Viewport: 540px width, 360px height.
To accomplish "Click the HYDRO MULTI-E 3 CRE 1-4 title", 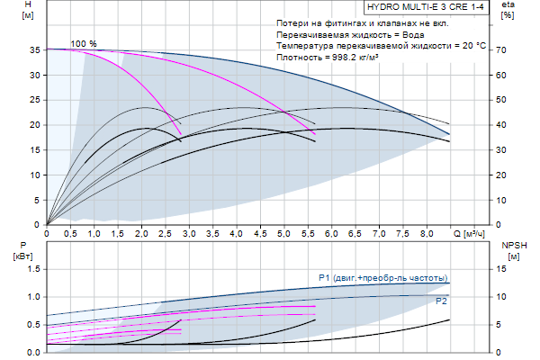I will click(x=424, y=6).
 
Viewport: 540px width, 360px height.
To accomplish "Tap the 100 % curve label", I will click(x=84, y=43).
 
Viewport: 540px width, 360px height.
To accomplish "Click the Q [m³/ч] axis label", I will click(x=473, y=233).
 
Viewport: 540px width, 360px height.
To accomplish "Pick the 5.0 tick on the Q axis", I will click(x=284, y=233).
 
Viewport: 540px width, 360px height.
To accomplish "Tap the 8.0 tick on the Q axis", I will click(x=427, y=233).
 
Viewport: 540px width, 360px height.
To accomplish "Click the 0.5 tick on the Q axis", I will click(x=70, y=233).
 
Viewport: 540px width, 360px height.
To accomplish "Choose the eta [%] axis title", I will click(x=508, y=11).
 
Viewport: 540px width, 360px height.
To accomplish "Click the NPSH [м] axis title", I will click(x=513, y=250).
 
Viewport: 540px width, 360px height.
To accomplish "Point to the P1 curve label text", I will click(x=383, y=277).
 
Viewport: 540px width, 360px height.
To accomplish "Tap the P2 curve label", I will click(x=442, y=301).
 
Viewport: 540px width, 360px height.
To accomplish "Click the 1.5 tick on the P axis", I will click(x=33, y=269).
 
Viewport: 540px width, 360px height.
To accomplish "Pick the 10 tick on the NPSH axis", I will click(x=505, y=297).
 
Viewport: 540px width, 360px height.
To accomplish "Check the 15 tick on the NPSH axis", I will click(x=505, y=269).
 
